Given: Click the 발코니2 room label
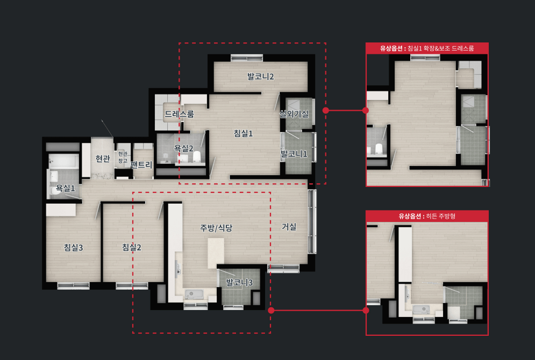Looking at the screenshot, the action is click(x=261, y=77).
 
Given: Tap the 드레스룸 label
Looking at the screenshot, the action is click(x=179, y=114).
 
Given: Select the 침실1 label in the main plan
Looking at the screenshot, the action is click(x=243, y=133).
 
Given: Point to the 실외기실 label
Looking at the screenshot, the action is click(x=294, y=114).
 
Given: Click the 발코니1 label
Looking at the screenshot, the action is click(x=294, y=154).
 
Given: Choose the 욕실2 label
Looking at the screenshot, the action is click(x=183, y=148).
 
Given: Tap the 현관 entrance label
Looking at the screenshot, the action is click(x=103, y=159).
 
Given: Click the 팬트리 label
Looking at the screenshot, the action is click(x=141, y=165).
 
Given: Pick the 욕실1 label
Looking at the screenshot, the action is click(x=65, y=188).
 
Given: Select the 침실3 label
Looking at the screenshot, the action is click(x=73, y=247).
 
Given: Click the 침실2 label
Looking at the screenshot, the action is click(x=132, y=247).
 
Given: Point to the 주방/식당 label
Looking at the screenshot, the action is click(x=216, y=228).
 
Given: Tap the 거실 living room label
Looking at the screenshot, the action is click(x=289, y=227).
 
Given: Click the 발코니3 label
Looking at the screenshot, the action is click(x=239, y=282).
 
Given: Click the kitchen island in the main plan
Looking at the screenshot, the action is click(x=216, y=253).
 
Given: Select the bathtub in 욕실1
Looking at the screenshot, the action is click(x=64, y=161).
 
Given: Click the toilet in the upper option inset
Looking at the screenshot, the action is click(x=379, y=149).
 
